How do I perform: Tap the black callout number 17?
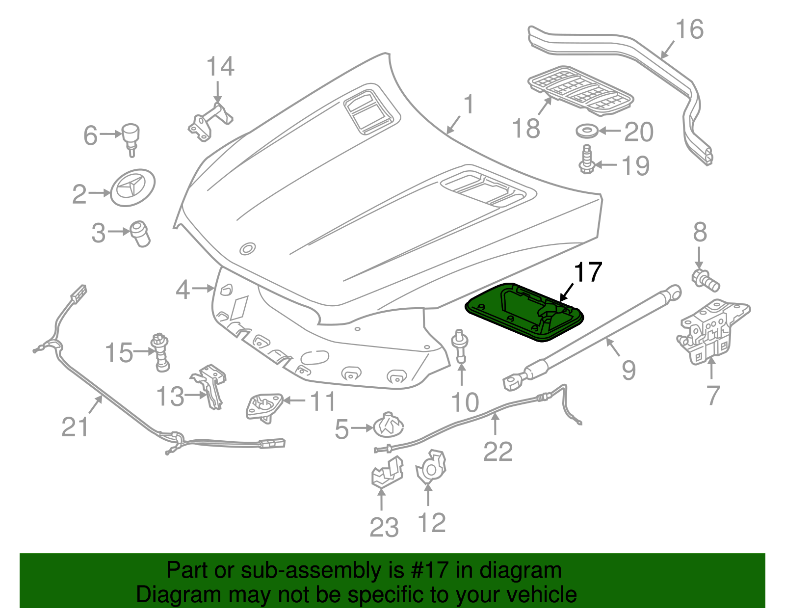tap(587, 272)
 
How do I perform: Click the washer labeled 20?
tap(586, 131)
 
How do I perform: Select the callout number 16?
tap(689, 29)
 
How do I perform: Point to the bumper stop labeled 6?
tap(131, 137)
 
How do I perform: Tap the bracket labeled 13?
tap(211, 385)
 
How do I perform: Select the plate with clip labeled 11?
tap(263, 406)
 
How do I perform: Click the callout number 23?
tap(384, 528)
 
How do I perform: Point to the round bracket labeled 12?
tap(431, 467)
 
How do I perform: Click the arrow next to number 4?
tap(203, 289)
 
